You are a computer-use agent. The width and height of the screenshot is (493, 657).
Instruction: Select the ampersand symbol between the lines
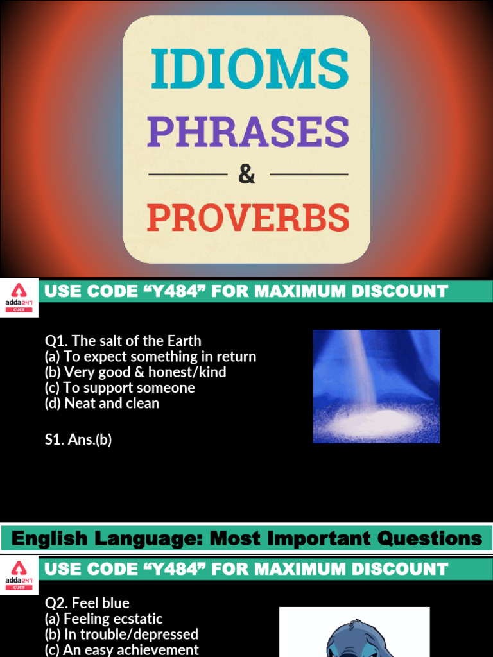pyautogui.click(x=247, y=174)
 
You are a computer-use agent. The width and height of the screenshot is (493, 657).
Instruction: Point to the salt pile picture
pyautogui.click(x=376, y=386)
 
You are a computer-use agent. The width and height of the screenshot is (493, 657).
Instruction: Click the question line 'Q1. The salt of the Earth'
pyautogui.click(x=123, y=341)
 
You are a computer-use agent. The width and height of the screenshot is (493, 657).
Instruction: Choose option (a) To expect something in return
pyautogui.click(x=150, y=357)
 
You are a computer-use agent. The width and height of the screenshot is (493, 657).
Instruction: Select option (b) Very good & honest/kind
pyautogui.click(x=135, y=372)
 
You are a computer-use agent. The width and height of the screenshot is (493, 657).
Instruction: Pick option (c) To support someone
pyautogui.click(x=119, y=388)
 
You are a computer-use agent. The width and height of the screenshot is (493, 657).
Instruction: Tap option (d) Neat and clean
pyautogui.click(x=102, y=404)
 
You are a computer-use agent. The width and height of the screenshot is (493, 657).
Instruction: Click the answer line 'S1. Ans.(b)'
pyautogui.click(x=78, y=440)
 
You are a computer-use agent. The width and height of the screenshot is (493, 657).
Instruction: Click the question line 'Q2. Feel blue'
pyautogui.click(x=87, y=603)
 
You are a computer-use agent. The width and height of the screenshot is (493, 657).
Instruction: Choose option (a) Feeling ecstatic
pyautogui.click(x=103, y=619)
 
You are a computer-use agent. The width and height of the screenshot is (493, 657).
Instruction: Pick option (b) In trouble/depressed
pyautogui.click(x=121, y=634)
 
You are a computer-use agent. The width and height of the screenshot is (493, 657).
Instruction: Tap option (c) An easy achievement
pyautogui.click(x=121, y=649)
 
